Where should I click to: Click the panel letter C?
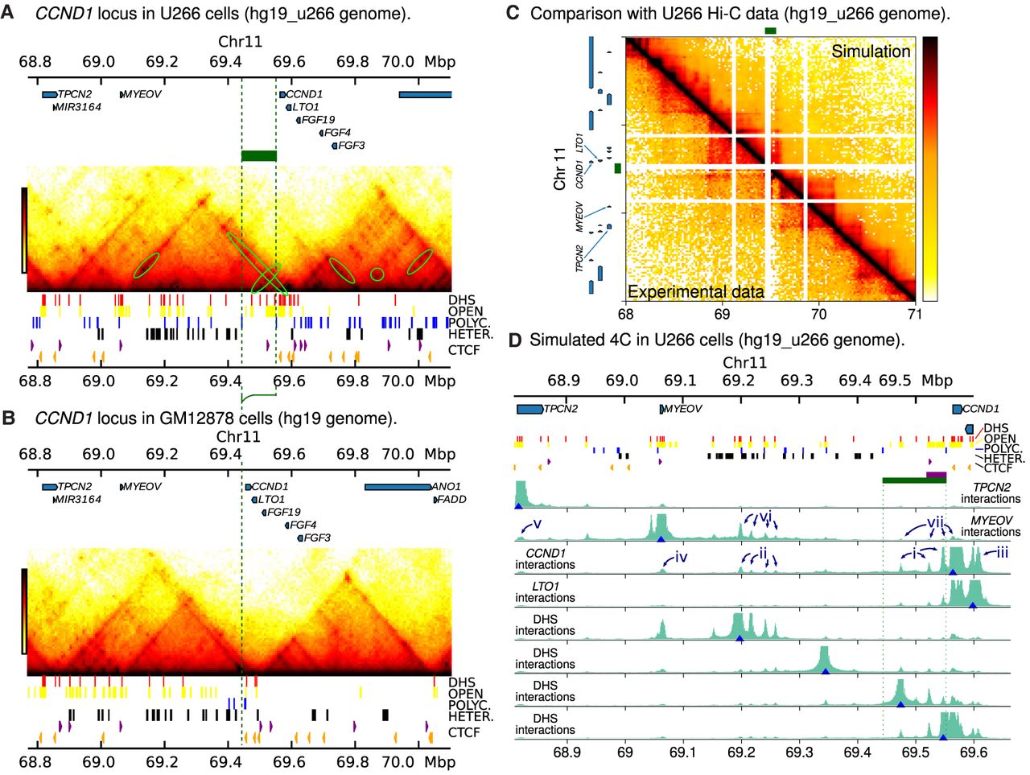[x=513, y=13]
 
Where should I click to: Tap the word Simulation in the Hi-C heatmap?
[x=871, y=52]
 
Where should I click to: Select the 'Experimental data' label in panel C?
[x=696, y=292]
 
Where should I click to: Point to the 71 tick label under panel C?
[x=915, y=314]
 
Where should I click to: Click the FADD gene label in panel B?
[x=452, y=499]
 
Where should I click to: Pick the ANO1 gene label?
[x=447, y=486]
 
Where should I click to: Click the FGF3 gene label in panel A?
[x=351, y=146]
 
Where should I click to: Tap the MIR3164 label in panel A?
[x=78, y=107]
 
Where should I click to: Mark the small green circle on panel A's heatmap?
[x=377, y=274]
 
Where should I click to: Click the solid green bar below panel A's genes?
[x=259, y=156]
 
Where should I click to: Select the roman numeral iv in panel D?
[x=681, y=557]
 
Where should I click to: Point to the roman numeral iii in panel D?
[x=1002, y=553]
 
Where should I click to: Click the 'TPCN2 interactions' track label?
[x=991, y=493]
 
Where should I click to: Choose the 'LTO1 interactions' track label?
[x=545, y=592]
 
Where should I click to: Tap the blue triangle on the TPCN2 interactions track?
[x=518, y=506]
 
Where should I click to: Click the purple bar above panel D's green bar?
[x=936, y=475]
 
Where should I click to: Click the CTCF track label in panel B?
[x=464, y=732]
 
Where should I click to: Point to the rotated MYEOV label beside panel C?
[x=579, y=216]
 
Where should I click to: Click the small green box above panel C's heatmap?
[x=771, y=31]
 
